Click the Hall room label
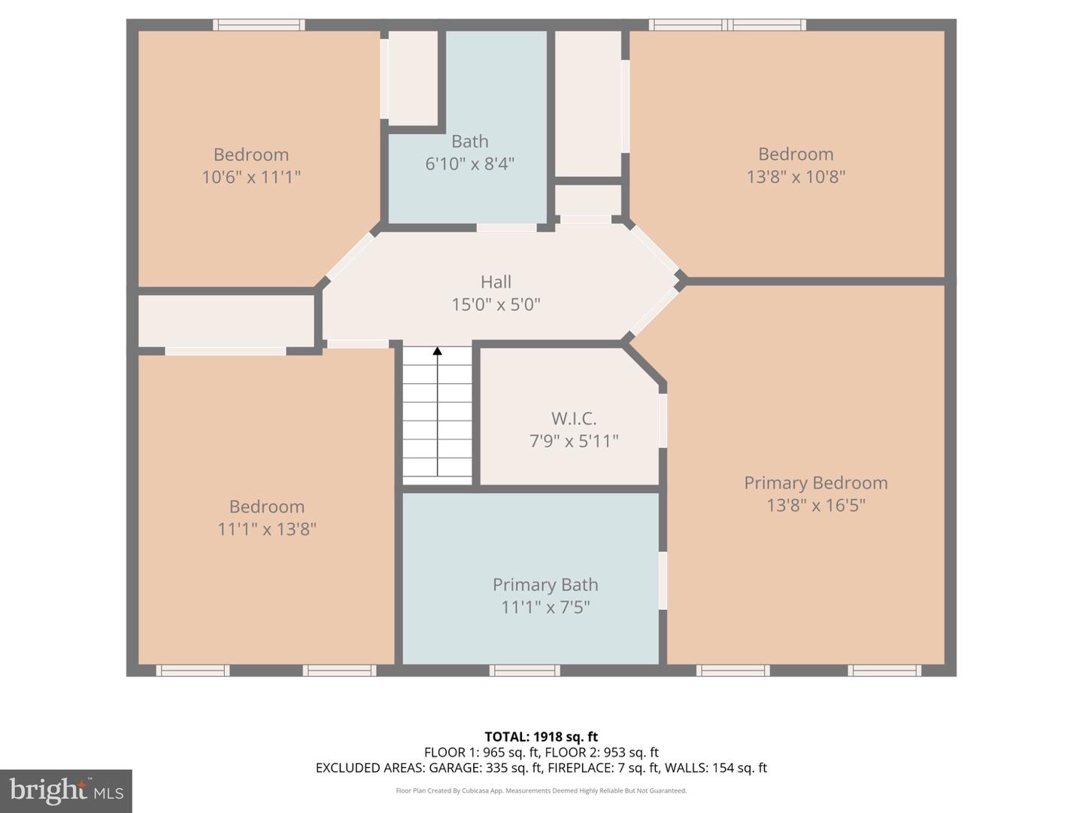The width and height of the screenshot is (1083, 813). point(496,282)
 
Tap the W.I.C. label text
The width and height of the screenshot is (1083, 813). point(574,419)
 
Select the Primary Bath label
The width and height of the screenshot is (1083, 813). point(545,585)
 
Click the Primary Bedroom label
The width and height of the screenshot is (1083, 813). point(816,483)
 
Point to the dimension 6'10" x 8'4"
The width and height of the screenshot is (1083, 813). point(470,164)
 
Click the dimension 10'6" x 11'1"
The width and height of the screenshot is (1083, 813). point(251,177)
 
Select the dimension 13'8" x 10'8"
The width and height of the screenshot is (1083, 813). point(796,177)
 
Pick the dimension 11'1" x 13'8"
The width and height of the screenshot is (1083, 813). point(267,529)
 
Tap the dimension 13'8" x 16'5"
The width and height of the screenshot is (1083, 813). point(816,505)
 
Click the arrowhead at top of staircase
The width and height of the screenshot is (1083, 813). point(437,351)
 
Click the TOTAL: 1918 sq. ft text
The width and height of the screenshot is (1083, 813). point(541,737)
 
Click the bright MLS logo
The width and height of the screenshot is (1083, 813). point(66,791)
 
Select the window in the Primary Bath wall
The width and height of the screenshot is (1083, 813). point(524,670)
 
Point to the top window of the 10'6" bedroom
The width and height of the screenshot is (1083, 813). point(259,25)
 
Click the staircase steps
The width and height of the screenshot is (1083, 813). point(437,422)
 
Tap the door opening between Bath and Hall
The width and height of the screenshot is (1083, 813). point(506,227)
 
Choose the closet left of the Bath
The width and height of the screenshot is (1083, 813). point(413,78)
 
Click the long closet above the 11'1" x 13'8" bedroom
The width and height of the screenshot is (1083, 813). point(226,321)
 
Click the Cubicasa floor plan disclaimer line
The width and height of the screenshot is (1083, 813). point(541,790)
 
